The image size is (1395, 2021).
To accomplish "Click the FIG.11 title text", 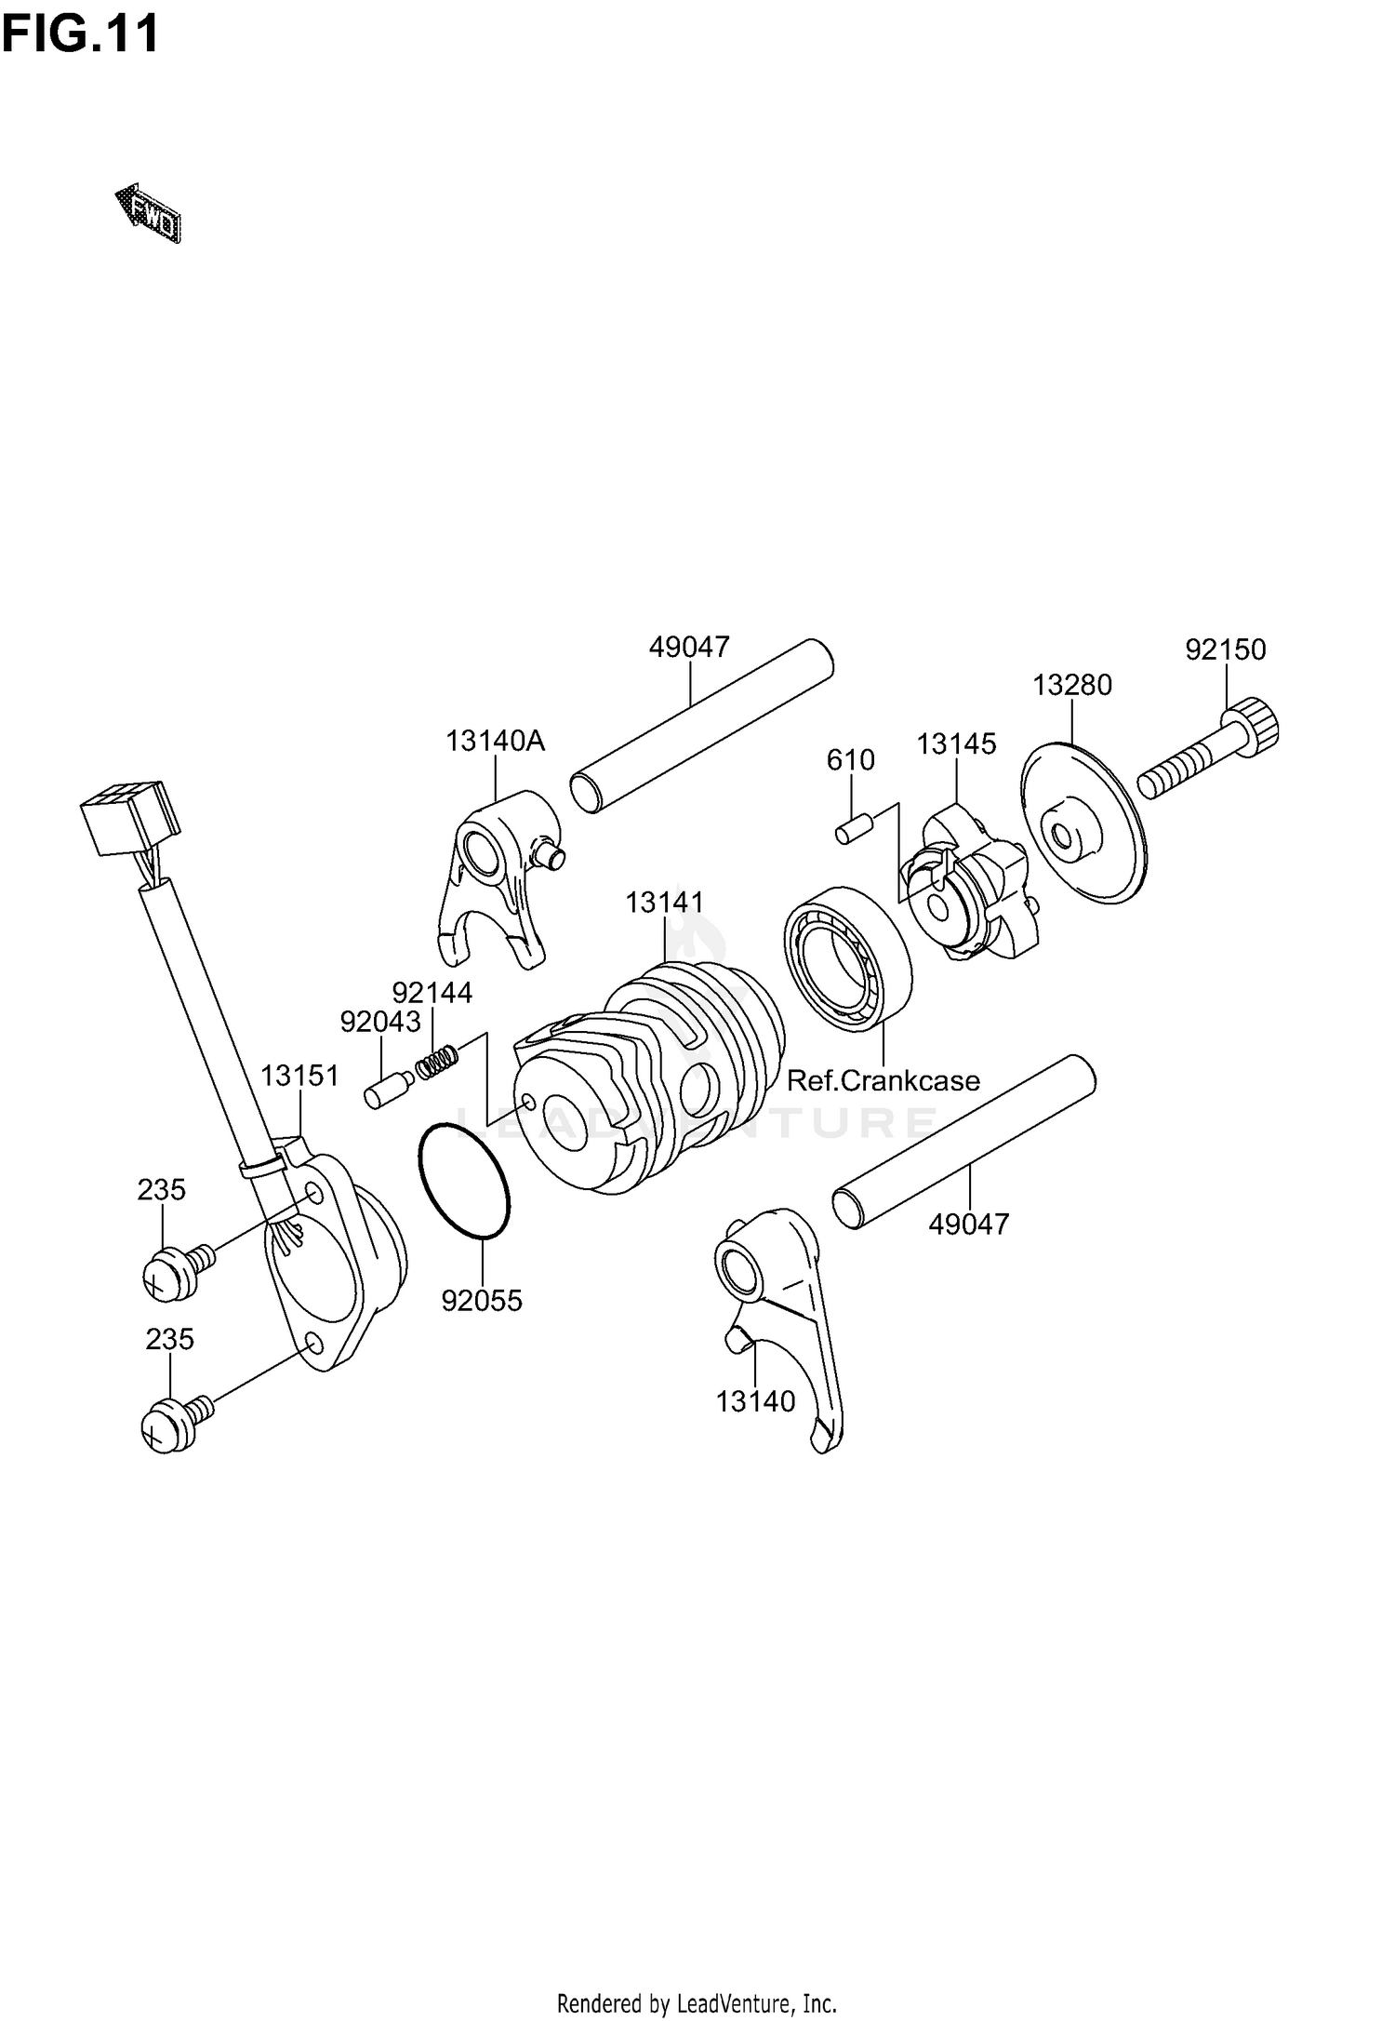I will pyautogui.click(x=80, y=34).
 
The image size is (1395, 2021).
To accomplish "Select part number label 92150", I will pyautogui.click(x=1225, y=649).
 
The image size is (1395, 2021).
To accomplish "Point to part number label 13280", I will pyautogui.click(x=1071, y=686).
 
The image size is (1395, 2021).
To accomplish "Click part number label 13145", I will pyautogui.click(x=955, y=744).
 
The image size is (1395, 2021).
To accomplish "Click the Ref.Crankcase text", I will pyautogui.click(x=883, y=1080).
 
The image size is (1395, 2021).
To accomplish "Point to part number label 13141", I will pyautogui.click(x=664, y=903).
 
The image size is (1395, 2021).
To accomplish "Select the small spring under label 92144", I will pyautogui.click(x=437, y=1061).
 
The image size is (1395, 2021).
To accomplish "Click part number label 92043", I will pyautogui.click(x=379, y=1023).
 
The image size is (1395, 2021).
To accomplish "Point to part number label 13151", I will pyautogui.click(x=299, y=1076).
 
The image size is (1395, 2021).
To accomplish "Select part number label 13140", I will pyautogui.click(x=755, y=1401).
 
